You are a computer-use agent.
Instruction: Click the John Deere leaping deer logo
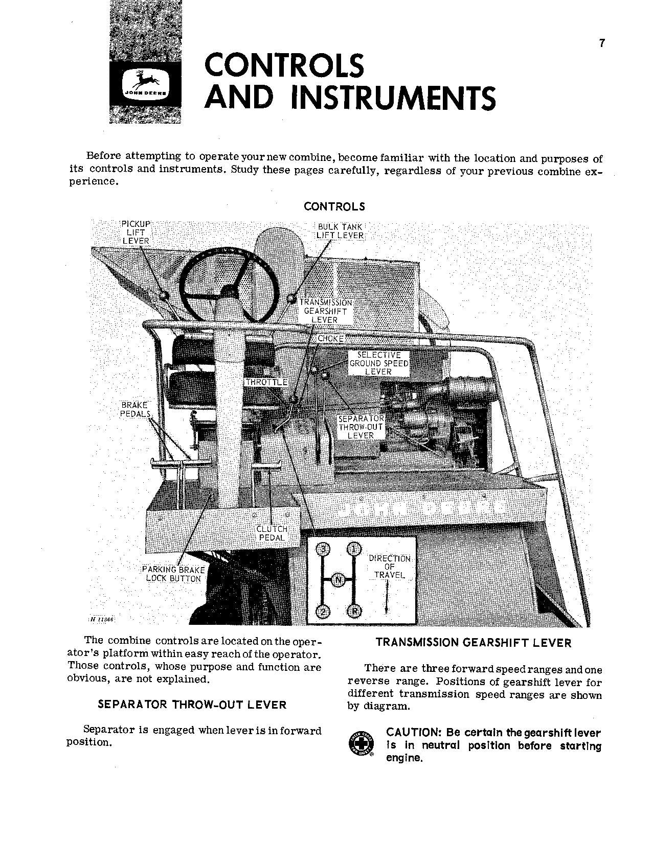tap(145, 84)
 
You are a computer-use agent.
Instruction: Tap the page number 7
tap(602, 43)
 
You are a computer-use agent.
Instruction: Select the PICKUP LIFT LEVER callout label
tap(136, 232)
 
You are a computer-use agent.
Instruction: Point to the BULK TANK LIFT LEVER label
tap(340, 231)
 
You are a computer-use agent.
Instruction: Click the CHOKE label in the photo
tap(330, 339)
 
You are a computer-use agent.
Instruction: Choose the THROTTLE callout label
tap(266, 382)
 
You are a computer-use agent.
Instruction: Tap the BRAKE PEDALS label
tap(134, 409)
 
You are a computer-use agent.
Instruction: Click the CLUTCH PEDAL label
tap(272, 533)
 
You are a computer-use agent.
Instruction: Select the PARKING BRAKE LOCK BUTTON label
tap(173, 574)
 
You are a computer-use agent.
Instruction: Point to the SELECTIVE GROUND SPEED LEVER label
tap(379, 363)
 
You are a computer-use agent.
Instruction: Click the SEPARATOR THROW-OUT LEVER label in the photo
tap(361, 427)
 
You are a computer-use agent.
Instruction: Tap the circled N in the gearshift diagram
tap(339, 580)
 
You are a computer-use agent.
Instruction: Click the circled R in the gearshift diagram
tap(353, 611)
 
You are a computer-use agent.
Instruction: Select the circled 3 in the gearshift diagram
tap(323, 550)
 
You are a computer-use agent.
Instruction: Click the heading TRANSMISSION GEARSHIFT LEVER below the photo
tap(473, 643)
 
